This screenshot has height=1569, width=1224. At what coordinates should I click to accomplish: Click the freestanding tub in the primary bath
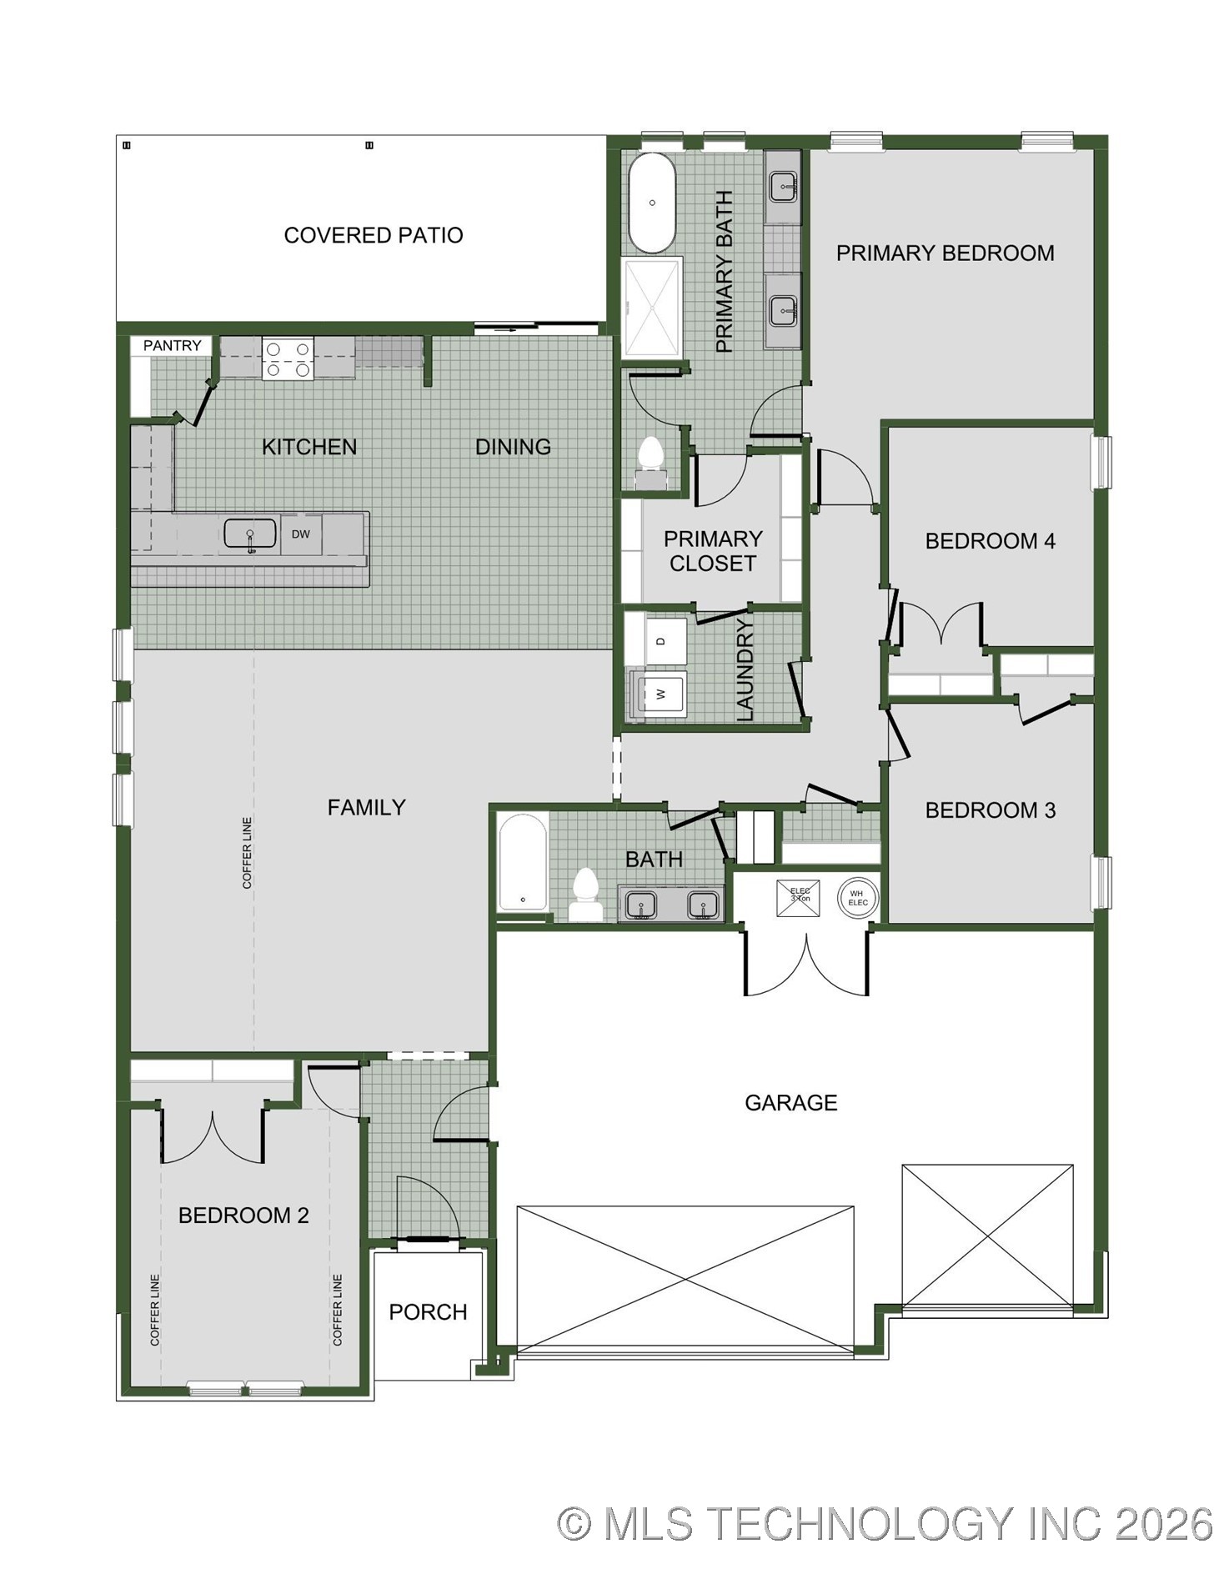click(651, 203)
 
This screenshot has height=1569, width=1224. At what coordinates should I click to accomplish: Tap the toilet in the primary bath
click(650, 464)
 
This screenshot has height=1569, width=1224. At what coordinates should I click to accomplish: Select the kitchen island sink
click(250, 534)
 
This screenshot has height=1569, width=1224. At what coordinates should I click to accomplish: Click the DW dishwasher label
click(301, 534)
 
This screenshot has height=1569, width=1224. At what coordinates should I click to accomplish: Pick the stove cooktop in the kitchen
click(287, 358)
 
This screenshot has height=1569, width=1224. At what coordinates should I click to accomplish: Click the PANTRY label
click(173, 345)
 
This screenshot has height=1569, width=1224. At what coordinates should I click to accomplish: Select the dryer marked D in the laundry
click(662, 641)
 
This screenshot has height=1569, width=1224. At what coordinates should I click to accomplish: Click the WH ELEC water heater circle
click(858, 898)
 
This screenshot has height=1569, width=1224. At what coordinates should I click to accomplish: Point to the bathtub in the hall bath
click(523, 863)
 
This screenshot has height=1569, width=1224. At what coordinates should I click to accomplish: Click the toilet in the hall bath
click(586, 895)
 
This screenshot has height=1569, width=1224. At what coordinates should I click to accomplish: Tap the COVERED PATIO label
click(374, 235)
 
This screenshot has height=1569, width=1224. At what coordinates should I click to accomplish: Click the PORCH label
click(429, 1312)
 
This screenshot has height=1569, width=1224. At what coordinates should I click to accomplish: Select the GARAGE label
click(791, 1103)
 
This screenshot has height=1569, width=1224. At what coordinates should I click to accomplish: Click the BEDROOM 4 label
click(991, 541)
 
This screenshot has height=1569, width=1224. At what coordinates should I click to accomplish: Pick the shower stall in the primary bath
click(652, 308)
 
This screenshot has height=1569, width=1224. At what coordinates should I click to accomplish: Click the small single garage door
click(988, 1235)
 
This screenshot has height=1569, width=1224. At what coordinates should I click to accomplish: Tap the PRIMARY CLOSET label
click(713, 551)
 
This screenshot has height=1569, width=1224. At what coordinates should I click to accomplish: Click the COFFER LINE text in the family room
click(247, 853)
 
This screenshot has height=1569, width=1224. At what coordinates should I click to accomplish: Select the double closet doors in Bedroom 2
click(213, 1134)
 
